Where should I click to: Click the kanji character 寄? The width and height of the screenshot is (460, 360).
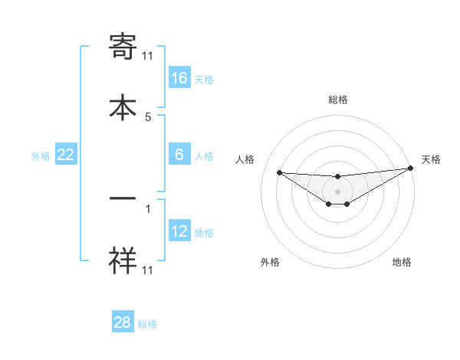pos(123,47)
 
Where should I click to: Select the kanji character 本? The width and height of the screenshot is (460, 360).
pos(123,106)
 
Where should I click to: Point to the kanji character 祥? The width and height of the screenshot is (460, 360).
pos(123,260)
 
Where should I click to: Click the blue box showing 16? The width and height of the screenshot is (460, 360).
pos(179,78)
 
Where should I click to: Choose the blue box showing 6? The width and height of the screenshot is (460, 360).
pos(179,155)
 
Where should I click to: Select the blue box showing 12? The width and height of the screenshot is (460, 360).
pos(179,231)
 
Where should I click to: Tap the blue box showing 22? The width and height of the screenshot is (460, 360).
pos(66,155)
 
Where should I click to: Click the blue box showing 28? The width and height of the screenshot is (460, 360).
pos(123,322)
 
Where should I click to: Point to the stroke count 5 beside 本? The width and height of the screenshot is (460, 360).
pos(148,117)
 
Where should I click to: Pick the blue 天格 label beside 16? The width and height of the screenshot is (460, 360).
pos(204,79)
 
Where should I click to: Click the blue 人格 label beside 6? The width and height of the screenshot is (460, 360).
pos(204,155)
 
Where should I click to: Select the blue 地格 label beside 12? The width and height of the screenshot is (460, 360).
pos(204,232)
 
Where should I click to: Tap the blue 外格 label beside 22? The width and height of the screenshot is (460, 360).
pos(41,155)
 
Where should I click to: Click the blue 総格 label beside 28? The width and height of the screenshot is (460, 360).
pos(147,323)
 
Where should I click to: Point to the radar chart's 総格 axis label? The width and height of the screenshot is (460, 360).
pos(337,100)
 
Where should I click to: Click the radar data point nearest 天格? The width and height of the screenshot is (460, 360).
pos(409,169)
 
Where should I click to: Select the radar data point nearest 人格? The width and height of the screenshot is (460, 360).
pos(279,172)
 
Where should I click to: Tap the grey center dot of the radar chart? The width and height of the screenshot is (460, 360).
pos(337,191)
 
